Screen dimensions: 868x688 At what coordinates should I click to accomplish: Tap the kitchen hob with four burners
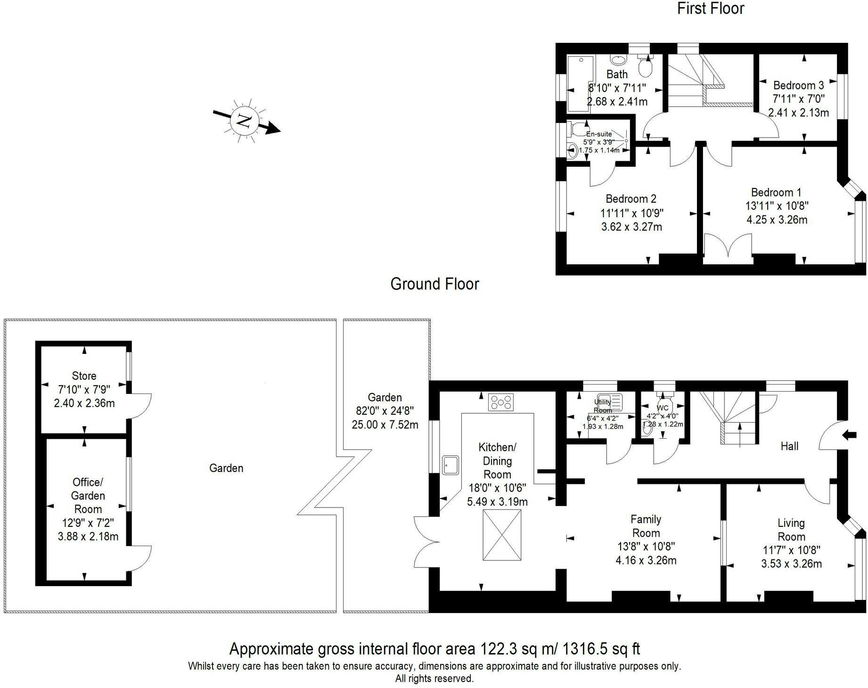coord(501,402)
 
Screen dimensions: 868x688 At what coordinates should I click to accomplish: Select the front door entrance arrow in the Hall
coord(849,435)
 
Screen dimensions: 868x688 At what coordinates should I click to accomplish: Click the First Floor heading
coord(711,8)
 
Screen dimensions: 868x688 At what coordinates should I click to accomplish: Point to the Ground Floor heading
coord(434,284)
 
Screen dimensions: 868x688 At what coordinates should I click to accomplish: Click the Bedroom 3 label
coord(798,85)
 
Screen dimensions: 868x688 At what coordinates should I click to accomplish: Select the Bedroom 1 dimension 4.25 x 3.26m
coord(777,220)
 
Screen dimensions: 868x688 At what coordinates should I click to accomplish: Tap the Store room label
coord(84,376)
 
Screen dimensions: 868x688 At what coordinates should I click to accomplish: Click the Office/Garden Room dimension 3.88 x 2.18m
coord(88,536)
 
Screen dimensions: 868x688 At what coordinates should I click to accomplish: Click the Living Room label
coord(791,530)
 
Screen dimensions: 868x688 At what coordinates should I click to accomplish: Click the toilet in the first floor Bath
coord(645,66)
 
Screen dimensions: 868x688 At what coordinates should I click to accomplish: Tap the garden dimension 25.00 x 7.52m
coord(385,425)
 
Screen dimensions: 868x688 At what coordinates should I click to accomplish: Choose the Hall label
coord(789,446)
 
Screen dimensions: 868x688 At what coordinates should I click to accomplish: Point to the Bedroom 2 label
coord(631,199)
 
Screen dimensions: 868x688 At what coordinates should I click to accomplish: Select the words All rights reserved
coord(434,679)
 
